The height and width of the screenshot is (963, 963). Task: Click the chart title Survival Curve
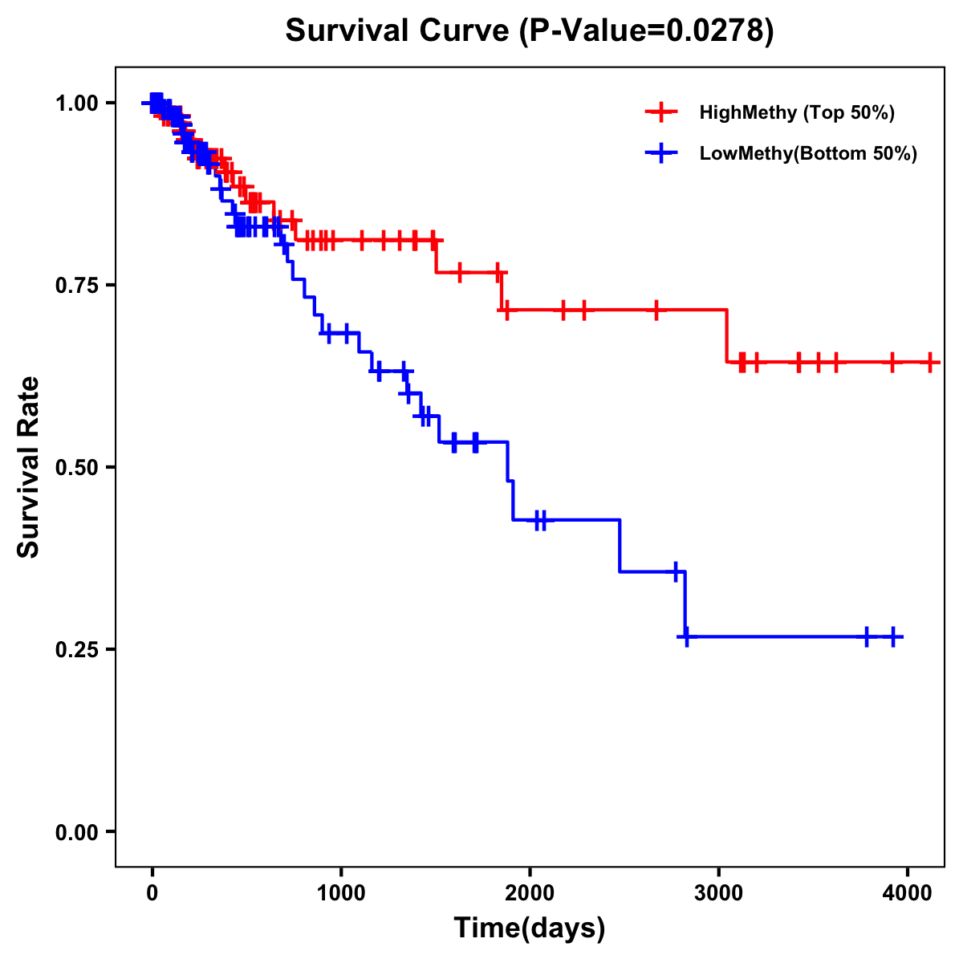pos(397,31)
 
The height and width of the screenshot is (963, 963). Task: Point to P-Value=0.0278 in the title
pos(646,31)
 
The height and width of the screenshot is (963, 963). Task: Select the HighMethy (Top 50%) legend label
pos(796,112)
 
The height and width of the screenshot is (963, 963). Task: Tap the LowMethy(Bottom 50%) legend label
pos(807,153)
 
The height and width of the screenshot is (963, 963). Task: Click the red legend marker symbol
pos(661,112)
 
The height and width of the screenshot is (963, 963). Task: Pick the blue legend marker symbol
pos(661,153)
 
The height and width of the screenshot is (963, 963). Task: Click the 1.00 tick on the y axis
pos(77,104)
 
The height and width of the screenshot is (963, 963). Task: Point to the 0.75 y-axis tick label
pos(77,286)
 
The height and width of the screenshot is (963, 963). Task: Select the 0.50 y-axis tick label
pos(77,468)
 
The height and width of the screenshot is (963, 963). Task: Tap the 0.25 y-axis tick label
pos(77,650)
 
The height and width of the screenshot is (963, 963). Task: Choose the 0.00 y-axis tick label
pos(77,832)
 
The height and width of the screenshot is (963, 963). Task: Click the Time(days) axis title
pos(530,928)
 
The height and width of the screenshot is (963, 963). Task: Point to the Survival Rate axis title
pos(29,467)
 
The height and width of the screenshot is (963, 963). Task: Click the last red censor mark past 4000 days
pos(929,362)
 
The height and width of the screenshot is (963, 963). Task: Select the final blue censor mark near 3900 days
pos(892,637)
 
